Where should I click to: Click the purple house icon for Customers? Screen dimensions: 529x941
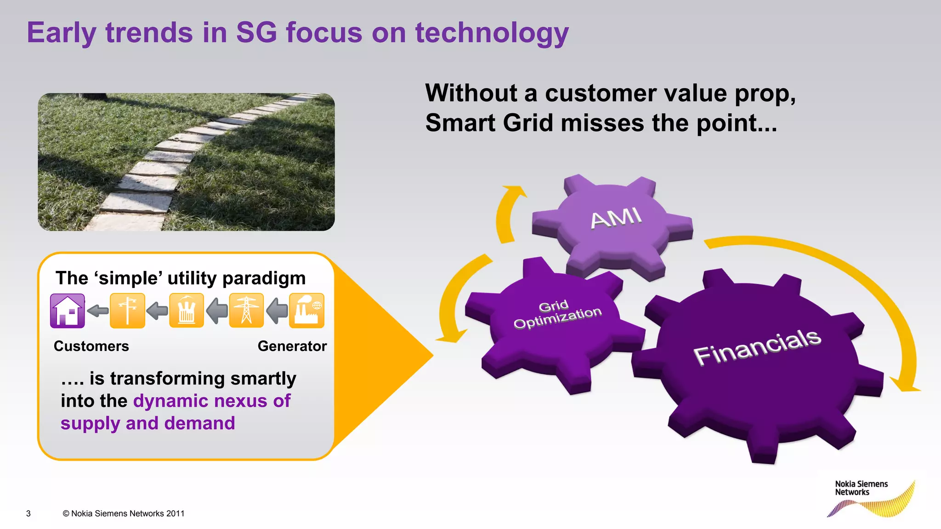point(68,311)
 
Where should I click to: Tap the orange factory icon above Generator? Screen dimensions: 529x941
point(306,311)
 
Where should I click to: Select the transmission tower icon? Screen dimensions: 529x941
point(246,311)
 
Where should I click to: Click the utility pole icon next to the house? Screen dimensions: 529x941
point(127,311)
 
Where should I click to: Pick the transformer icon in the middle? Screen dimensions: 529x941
point(186,311)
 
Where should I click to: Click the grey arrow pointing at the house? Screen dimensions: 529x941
point(97,311)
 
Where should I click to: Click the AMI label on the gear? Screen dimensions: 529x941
point(616,218)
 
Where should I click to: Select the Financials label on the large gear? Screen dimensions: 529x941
point(757,347)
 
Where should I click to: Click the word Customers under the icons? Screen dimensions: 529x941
point(91,346)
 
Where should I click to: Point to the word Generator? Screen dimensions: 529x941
point(292,346)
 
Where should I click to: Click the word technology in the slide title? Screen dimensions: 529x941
point(492,33)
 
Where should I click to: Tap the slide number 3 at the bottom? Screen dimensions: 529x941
point(28,513)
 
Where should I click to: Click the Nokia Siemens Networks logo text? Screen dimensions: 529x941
point(861,488)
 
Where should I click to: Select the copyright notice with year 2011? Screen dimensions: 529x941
point(123,513)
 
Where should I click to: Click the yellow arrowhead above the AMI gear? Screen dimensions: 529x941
point(516,191)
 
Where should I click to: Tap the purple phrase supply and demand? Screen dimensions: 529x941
point(147,423)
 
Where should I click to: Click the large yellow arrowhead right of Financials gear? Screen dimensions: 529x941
point(904,385)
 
